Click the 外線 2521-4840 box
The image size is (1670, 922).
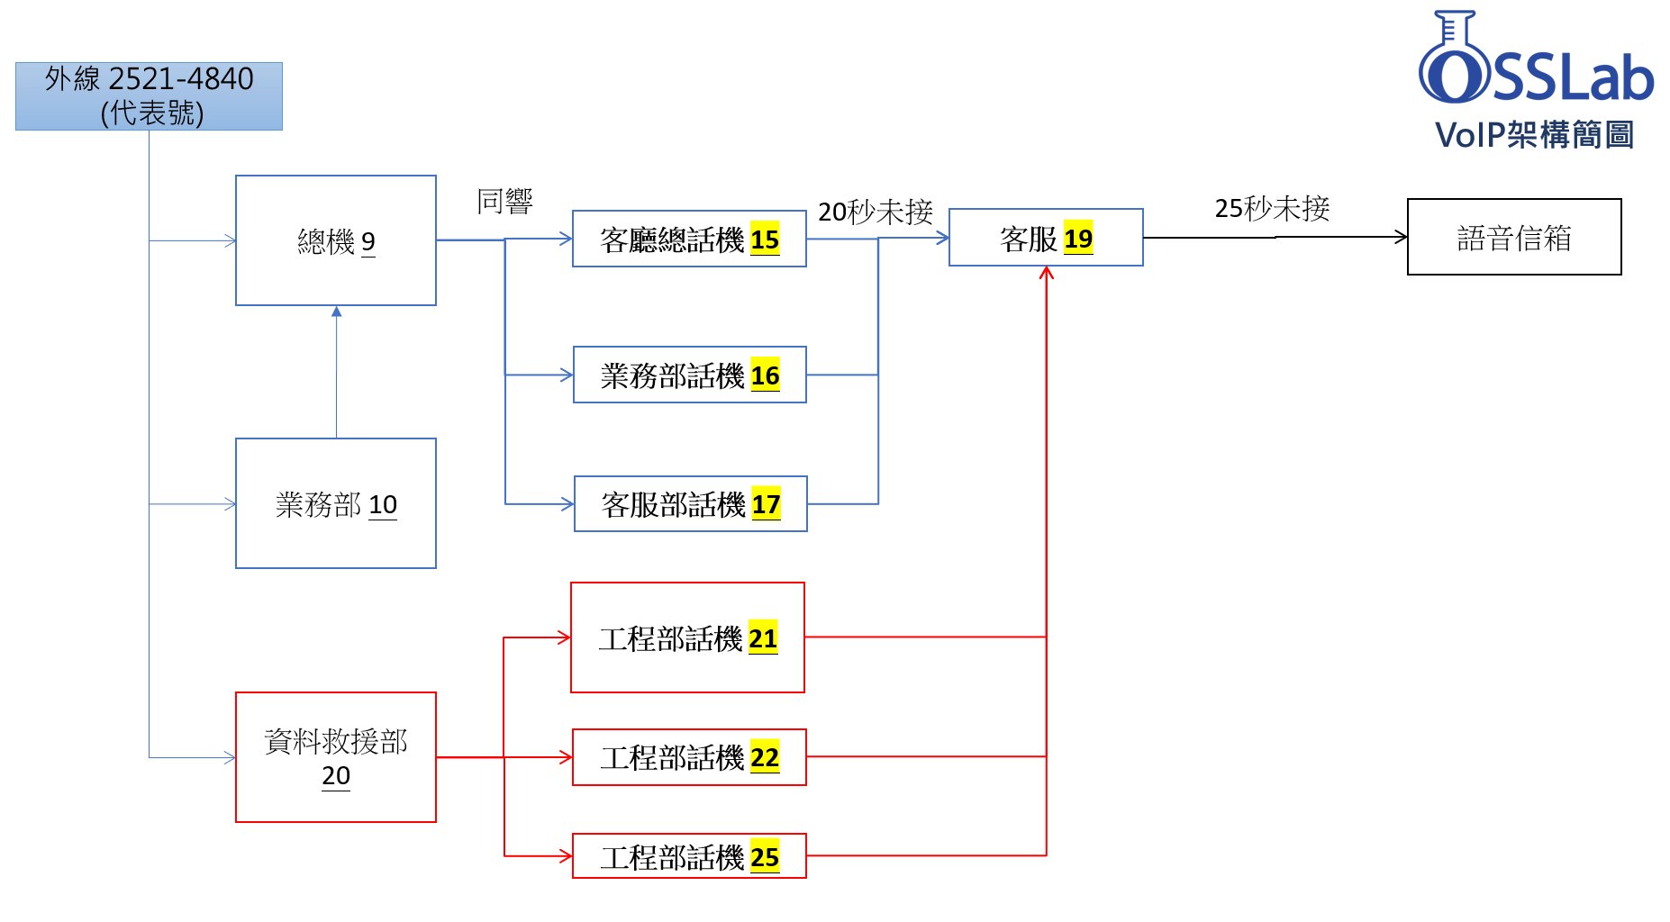coord(149,96)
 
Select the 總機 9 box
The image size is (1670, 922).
coord(335,240)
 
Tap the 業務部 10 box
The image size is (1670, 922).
coord(335,503)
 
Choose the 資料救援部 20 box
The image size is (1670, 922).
coord(335,756)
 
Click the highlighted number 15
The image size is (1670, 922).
coord(765,240)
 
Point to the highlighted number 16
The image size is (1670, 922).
coord(765,375)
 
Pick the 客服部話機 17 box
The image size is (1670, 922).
coord(690,504)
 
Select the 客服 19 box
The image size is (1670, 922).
coord(1045,238)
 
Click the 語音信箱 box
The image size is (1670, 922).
coord(1513,237)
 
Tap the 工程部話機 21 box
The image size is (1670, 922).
coord(687,637)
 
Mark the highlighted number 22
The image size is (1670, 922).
coord(765,757)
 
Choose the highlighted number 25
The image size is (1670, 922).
coord(765,857)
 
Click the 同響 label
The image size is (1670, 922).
coord(504,201)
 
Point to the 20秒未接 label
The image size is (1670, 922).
coord(875,212)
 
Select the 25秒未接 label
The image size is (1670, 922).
coord(1272,208)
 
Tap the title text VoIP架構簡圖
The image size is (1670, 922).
coord(1534,135)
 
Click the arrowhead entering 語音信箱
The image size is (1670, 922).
coord(1401,237)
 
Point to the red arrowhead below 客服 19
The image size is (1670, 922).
coord(1046,273)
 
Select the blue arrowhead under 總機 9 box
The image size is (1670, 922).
coord(336,312)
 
